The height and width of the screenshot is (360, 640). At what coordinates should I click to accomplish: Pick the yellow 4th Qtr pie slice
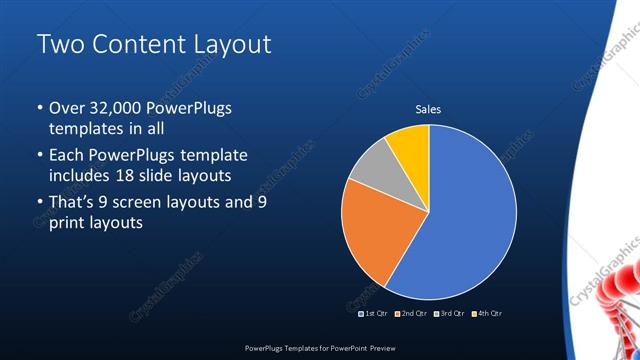[411, 145]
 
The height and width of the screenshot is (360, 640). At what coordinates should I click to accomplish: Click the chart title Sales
[428, 110]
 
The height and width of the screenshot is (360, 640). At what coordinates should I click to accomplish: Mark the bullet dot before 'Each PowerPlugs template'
[39, 156]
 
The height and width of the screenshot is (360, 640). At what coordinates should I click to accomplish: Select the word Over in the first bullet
[68, 107]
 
